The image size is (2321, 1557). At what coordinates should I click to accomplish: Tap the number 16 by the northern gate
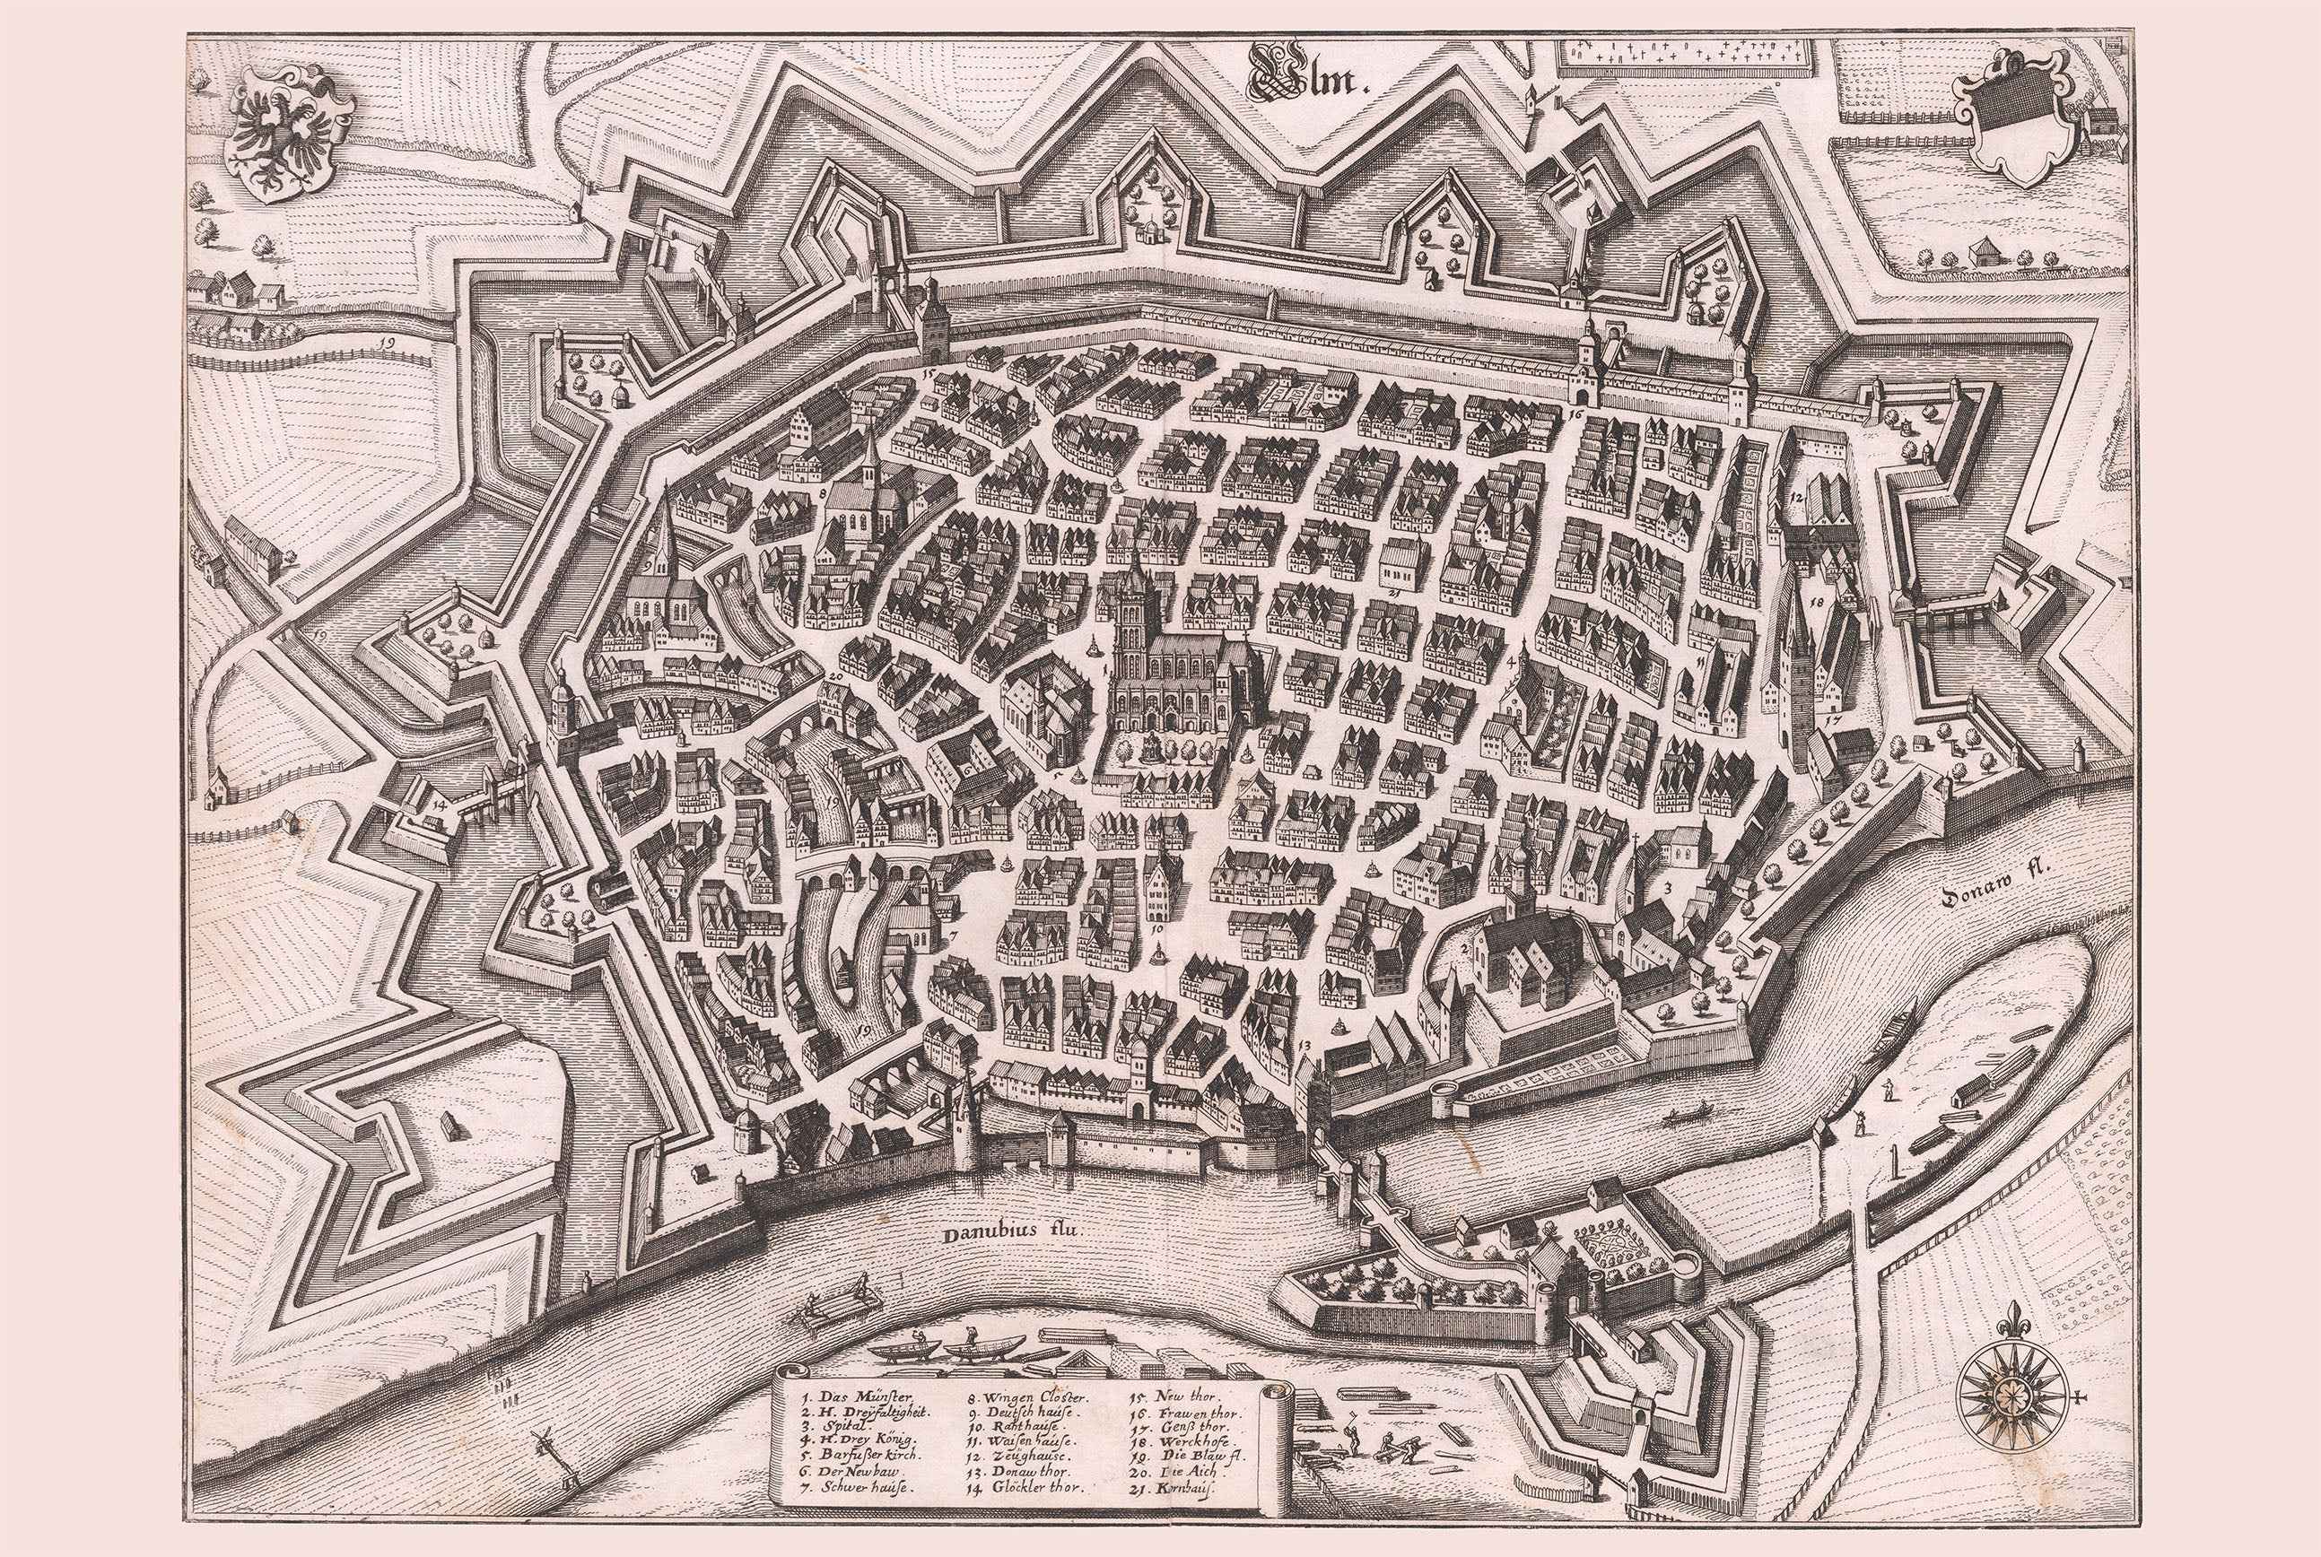point(1577,412)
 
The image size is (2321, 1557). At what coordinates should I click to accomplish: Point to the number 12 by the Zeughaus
point(1795,493)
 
